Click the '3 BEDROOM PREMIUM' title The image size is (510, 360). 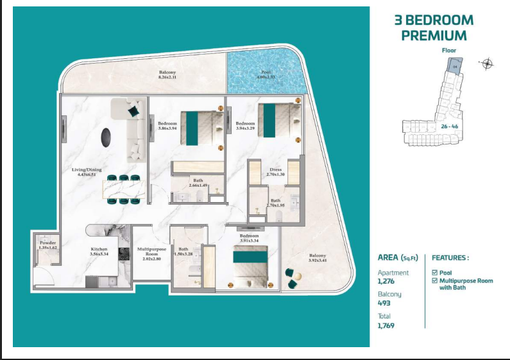pyautogui.click(x=434, y=28)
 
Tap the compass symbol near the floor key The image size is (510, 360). pyautogui.click(x=487, y=63)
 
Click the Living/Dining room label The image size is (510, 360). pyautogui.click(x=86, y=172)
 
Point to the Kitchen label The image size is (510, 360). pyautogui.click(x=99, y=251)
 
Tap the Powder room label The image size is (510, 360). pyautogui.click(x=47, y=244)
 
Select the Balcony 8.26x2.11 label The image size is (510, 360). pyautogui.click(x=167, y=74)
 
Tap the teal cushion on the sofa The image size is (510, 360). pyautogui.click(x=133, y=112)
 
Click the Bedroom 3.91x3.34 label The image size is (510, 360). pyautogui.click(x=249, y=238)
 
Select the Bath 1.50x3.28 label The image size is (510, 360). pyautogui.click(x=184, y=251)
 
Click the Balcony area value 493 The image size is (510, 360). pyautogui.click(x=384, y=303)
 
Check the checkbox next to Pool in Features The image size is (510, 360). pyautogui.click(x=435, y=273)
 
